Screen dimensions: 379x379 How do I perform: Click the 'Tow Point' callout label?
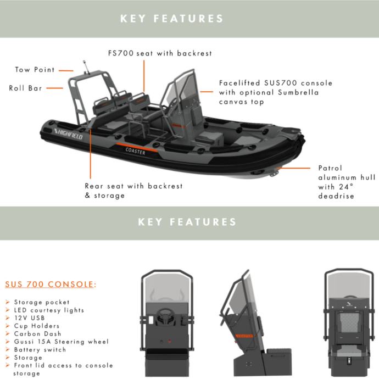click(x=35, y=70)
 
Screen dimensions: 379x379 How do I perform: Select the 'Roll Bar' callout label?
click(x=25, y=87)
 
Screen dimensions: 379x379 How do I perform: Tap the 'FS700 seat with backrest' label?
click(x=159, y=53)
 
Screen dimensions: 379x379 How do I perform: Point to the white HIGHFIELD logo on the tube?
click(x=69, y=133)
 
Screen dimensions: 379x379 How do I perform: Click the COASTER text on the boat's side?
click(x=135, y=151)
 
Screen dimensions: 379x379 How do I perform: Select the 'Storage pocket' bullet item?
click(x=42, y=302)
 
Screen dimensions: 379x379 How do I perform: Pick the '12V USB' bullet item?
click(x=30, y=318)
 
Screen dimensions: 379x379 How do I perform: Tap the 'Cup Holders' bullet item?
click(x=37, y=326)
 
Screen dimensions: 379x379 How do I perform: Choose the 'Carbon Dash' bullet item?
click(x=37, y=333)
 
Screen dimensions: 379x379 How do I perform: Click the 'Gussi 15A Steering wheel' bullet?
click(x=61, y=342)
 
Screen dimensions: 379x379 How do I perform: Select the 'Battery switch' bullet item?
click(x=40, y=349)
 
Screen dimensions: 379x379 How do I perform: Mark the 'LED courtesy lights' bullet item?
click(x=49, y=310)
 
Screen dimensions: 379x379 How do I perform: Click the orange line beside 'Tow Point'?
click(x=66, y=70)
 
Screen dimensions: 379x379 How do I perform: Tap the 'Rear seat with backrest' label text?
click(x=133, y=186)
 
